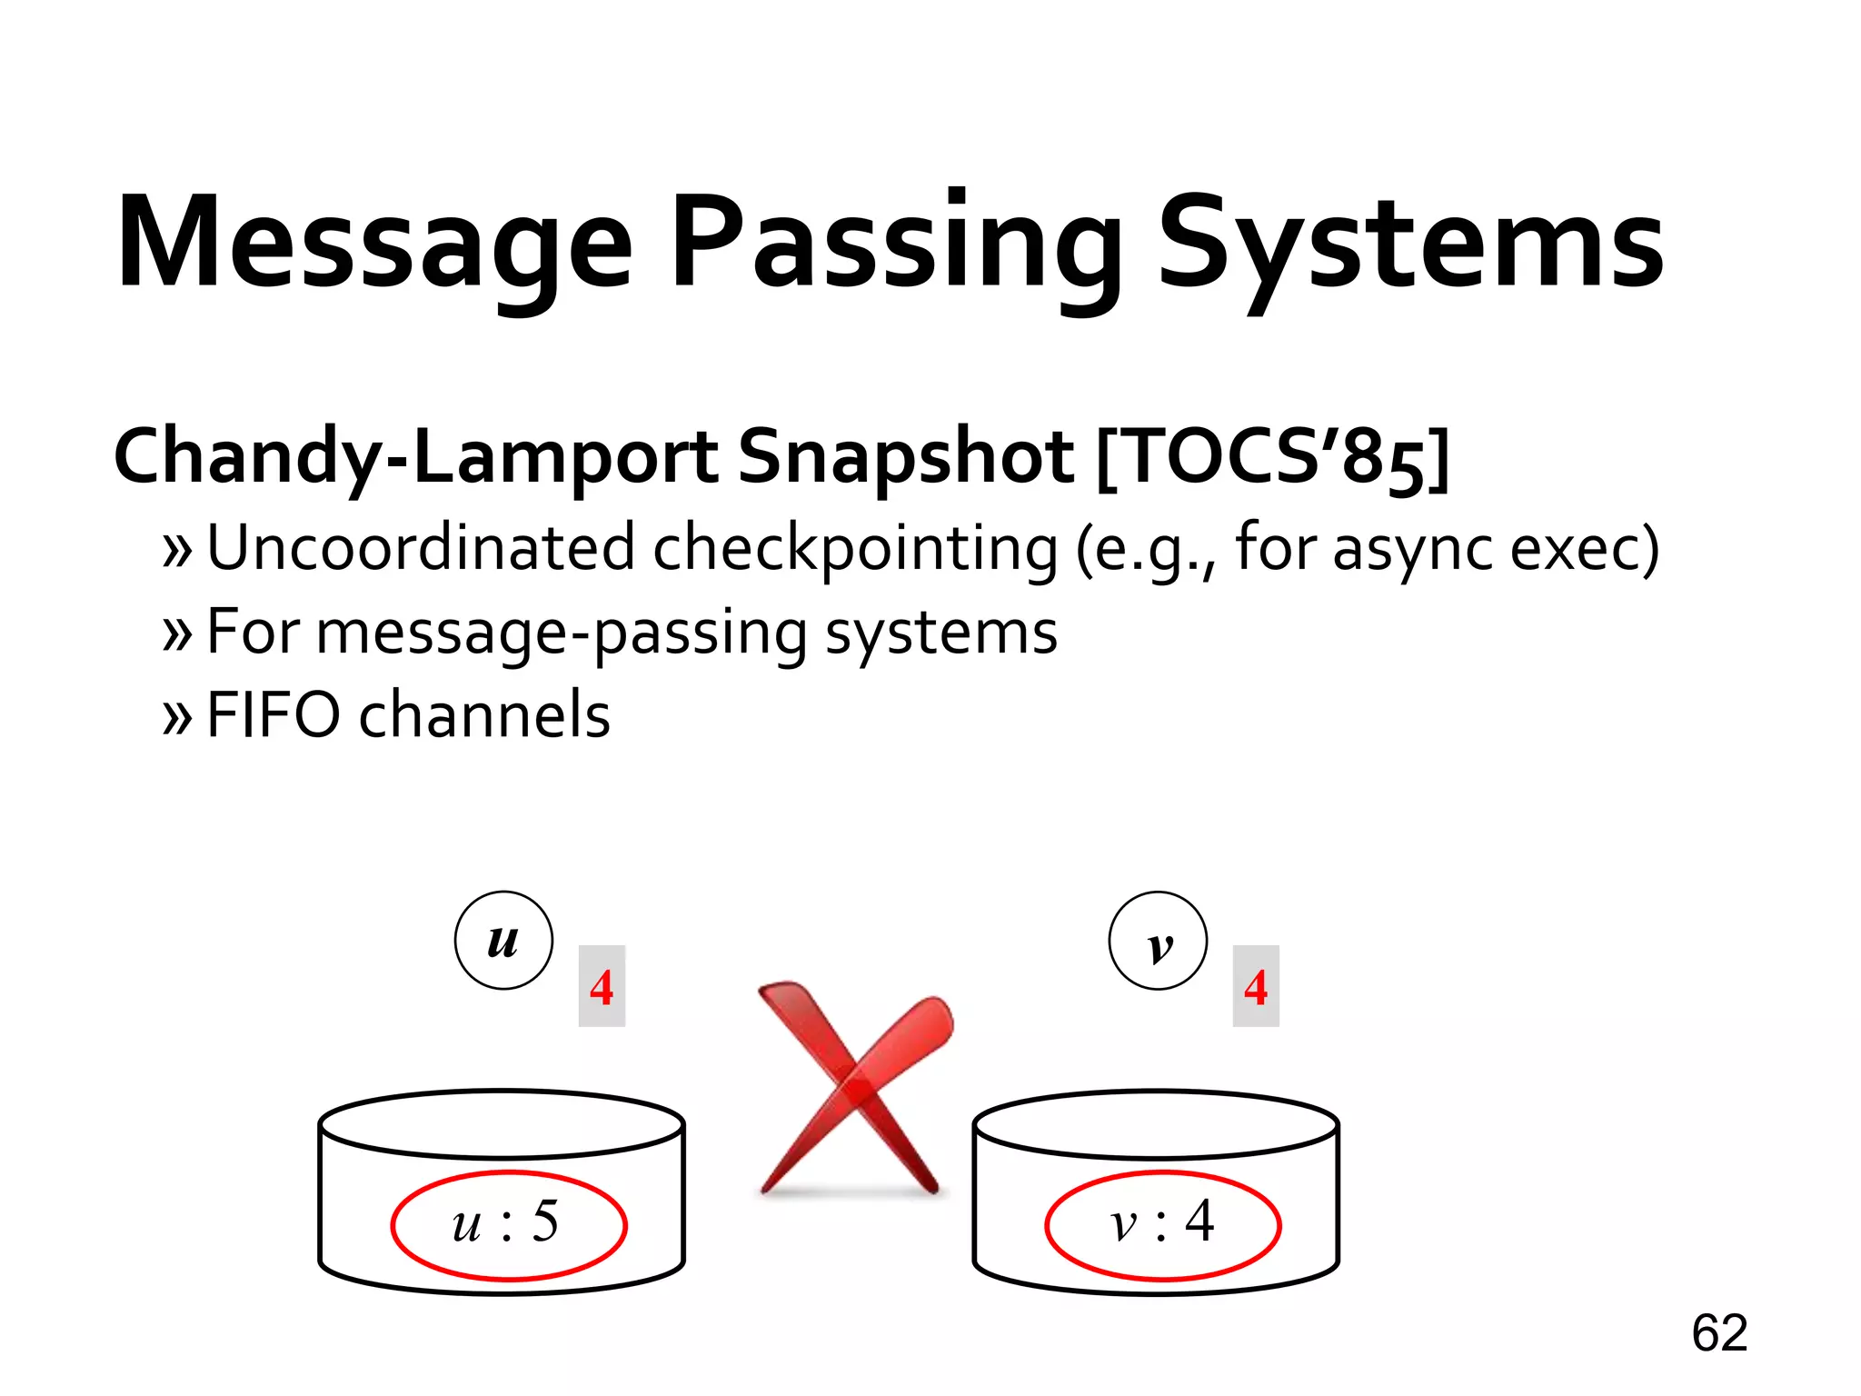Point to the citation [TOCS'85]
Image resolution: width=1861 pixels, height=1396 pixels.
[1272, 457]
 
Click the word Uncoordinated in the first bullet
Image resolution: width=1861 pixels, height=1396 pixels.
[421, 548]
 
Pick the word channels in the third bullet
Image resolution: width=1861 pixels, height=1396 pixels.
[484, 715]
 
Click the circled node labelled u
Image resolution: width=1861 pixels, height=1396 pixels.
[503, 941]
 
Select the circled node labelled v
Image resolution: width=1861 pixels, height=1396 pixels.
[1158, 941]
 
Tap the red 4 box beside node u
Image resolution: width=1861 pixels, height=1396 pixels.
[602, 986]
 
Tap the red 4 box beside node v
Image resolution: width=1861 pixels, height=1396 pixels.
[1256, 986]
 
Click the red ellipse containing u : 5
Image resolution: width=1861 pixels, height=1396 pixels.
[509, 1225]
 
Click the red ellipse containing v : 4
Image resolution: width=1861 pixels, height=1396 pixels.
[1163, 1225]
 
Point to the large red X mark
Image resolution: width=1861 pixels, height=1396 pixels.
[854, 1086]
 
